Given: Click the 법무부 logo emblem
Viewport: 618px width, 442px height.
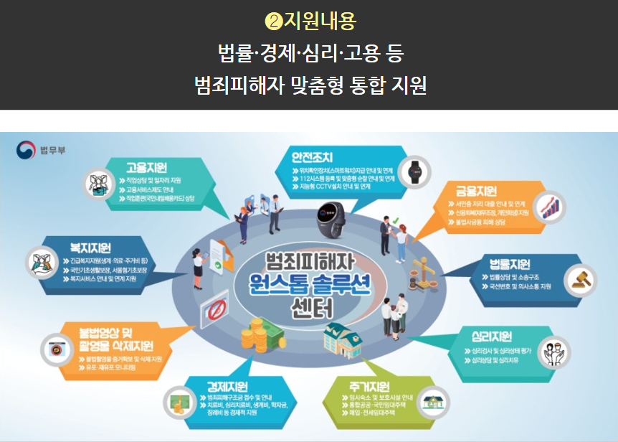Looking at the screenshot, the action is point(25,151).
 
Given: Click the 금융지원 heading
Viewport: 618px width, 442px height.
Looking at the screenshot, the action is point(476,191).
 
